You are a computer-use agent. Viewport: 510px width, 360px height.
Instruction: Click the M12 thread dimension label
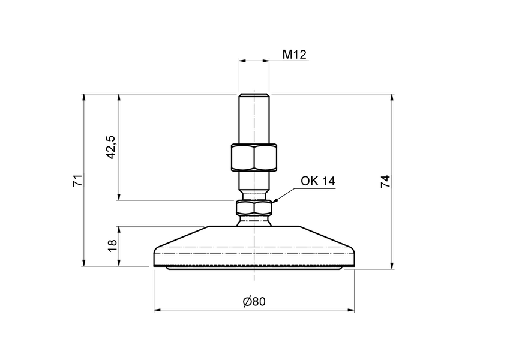click(x=295, y=55)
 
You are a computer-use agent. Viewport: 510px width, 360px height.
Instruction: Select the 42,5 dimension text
click(x=110, y=147)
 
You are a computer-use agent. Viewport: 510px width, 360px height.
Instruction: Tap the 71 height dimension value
click(x=77, y=180)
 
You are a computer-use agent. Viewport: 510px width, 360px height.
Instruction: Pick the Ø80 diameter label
click(x=254, y=302)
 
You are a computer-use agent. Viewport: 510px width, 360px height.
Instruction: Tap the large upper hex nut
click(x=253, y=158)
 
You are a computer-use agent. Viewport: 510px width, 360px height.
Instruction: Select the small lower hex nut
click(x=254, y=208)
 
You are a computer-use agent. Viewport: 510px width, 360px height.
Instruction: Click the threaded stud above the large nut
click(x=253, y=120)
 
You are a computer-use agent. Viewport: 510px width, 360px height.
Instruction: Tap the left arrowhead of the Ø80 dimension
click(x=157, y=310)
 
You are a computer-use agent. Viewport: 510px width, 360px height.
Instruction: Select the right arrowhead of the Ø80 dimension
click(x=351, y=310)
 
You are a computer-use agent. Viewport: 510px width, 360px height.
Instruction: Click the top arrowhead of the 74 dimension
click(x=392, y=97)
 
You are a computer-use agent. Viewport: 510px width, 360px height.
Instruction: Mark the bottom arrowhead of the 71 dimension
click(x=84, y=262)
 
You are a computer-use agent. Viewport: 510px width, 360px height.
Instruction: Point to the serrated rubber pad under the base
click(x=254, y=266)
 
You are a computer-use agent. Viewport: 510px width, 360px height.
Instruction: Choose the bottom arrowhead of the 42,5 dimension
click(x=119, y=196)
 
